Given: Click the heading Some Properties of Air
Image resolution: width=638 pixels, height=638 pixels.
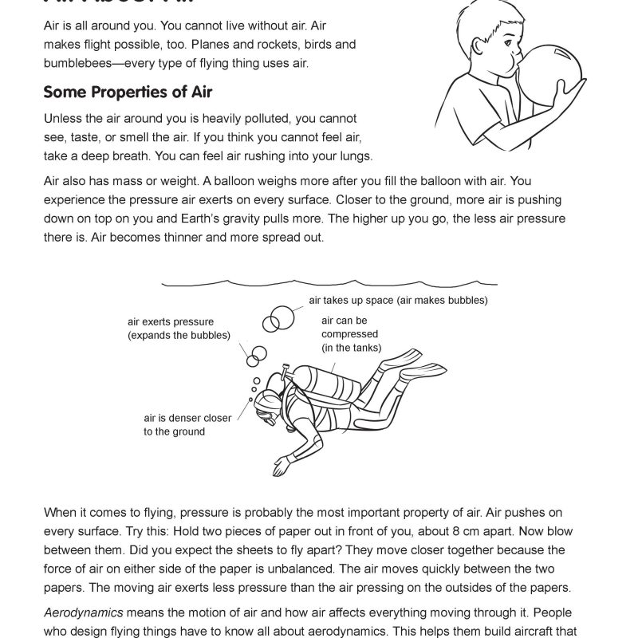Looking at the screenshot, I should click(128, 92).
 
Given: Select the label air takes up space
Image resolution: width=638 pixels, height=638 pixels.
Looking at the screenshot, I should click(398, 301).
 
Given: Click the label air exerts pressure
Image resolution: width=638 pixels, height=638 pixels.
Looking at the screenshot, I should click(171, 322).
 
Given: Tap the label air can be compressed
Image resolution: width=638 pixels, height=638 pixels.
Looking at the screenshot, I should click(349, 334).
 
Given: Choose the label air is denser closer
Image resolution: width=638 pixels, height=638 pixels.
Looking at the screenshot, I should click(187, 418).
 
